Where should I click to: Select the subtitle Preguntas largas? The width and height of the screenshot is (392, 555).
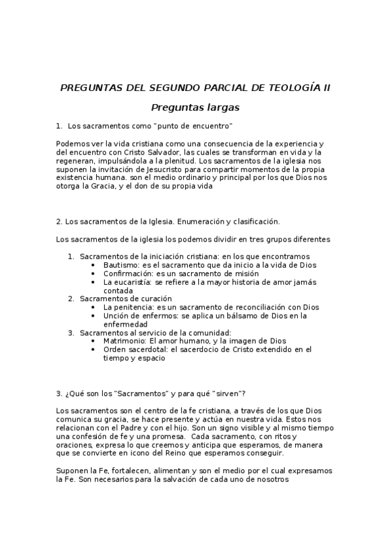pyautogui.click(x=195, y=107)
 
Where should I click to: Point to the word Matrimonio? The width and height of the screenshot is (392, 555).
pyautogui.click(x=124, y=341)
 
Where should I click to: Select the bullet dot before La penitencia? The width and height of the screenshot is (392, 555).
pyautogui.click(x=96, y=307)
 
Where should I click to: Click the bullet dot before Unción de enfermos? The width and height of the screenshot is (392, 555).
pyautogui.click(x=96, y=315)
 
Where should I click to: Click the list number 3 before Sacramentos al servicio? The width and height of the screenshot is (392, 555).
pyautogui.click(x=71, y=332)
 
